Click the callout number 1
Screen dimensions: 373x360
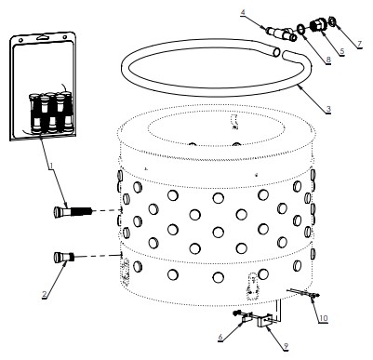click(x=51, y=167)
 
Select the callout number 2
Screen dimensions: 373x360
click(x=45, y=294)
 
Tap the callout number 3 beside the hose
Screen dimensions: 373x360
click(x=328, y=109)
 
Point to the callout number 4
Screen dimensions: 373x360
click(x=243, y=12)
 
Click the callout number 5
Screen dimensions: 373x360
click(x=341, y=51)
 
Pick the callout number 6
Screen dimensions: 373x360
click(x=220, y=337)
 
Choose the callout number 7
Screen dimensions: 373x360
click(x=359, y=44)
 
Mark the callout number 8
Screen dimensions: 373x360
click(x=328, y=60)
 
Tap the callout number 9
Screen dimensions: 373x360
click(x=286, y=346)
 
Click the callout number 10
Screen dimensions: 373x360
click(x=324, y=318)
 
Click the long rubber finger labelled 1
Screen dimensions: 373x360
click(x=73, y=212)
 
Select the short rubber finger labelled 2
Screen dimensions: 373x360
click(x=64, y=258)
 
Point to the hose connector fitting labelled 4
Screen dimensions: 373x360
click(x=281, y=34)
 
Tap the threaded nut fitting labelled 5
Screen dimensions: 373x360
click(x=318, y=25)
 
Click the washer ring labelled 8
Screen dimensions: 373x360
click(x=301, y=29)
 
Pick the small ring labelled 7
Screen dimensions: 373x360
click(x=332, y=21)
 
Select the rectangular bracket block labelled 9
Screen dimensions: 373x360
click(x=265, y=321)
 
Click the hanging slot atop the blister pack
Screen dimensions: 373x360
click(x=44, y=37)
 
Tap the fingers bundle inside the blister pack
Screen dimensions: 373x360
click(x=51, y=113)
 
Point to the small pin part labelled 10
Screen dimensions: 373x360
click(x=304, y=293)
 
